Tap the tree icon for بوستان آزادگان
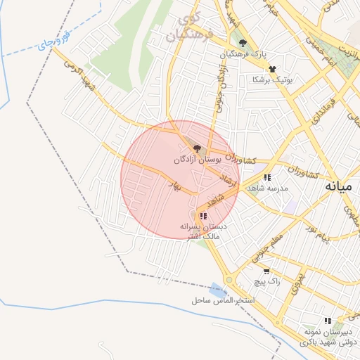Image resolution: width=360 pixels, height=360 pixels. coord(197,148)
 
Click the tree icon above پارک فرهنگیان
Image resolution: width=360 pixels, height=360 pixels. coord(243,43)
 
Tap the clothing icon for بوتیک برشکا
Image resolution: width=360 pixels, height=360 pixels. coord(272,69)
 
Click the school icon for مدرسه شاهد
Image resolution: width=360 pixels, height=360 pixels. coord(267,177)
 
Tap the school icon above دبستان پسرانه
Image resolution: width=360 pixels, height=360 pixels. coord(203,216)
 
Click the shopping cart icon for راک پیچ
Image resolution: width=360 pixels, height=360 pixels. coord(266,271)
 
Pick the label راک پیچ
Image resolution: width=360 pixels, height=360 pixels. coord(267,281)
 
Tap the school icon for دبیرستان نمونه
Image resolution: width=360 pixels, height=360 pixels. coord(327,321)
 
